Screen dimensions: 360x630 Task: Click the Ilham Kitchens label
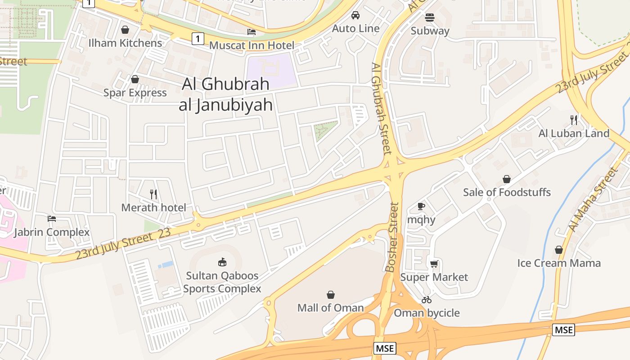click(x=125, y=43)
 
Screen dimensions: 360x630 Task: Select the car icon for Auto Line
click(x=355, y=15)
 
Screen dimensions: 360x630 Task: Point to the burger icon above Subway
click(x=430, y=18)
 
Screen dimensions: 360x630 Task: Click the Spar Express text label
click(x=135, y=93)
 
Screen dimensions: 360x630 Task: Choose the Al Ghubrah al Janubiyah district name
click(x=226, y=94)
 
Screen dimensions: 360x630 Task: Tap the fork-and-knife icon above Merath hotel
click(x=153, y=194)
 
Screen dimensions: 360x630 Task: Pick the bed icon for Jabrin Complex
click(x=52, y=219)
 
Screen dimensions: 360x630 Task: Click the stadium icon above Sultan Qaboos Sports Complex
click(x=222, y=262)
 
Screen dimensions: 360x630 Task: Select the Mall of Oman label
click(x=331, y=308)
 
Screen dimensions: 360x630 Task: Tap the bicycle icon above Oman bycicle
click(x=427, y=300)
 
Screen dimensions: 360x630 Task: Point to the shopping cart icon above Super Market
click(x=434, y=264)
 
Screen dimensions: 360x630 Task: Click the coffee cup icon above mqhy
click(x=421, y=206)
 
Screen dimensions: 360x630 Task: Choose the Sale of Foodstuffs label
click(x=507, y=192)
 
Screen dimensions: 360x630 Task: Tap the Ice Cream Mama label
click(x=559, y=263)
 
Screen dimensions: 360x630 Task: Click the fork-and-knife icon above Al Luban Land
click(x=574, y=120)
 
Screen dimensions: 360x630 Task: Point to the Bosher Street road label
click(x=392, y=237)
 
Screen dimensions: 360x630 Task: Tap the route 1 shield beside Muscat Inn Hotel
click(x=198, y=38)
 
